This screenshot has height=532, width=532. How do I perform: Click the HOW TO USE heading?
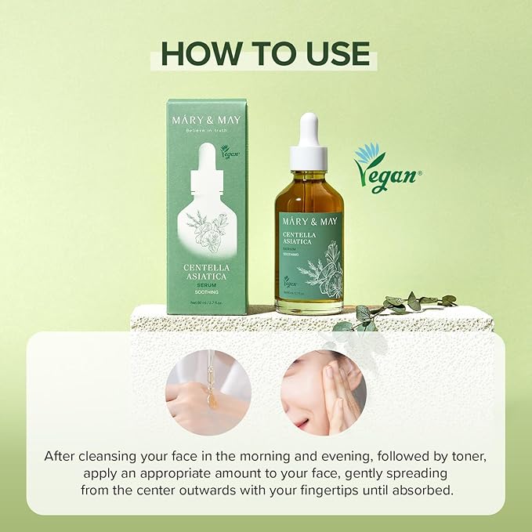point(266,53)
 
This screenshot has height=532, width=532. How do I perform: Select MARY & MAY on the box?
point(208,120)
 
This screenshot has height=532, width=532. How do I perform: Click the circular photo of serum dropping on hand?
point(208,392)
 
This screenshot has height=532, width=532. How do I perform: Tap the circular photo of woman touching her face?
point(324,392)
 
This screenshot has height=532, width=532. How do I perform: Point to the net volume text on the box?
point(208,302)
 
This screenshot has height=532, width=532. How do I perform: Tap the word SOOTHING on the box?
point(208,292)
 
